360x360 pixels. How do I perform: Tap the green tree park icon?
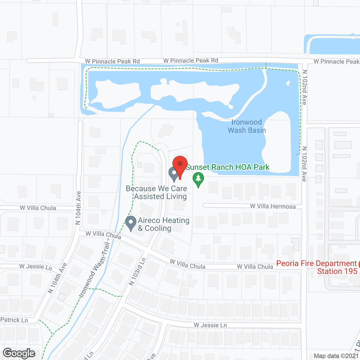[198, 179]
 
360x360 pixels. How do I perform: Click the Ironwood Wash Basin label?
[247, 126]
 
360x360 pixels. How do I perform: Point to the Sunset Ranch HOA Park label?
[228, 167]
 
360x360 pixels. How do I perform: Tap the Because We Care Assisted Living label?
[157, 192]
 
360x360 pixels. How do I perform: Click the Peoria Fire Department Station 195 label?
[316, 267]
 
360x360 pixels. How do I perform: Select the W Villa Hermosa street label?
[273, 206]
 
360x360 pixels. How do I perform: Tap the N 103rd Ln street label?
[137, 272]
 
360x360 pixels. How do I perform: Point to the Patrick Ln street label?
[14, 320]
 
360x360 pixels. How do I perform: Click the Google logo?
[19, 353]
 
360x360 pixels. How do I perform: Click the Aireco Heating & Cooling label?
[164, 224]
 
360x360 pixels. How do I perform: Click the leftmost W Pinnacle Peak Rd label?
[112, 61]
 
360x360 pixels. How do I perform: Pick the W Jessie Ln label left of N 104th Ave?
[35, 266]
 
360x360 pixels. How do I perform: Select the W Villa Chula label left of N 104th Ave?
[38, 208]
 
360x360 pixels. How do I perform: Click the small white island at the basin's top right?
[288, 83]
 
